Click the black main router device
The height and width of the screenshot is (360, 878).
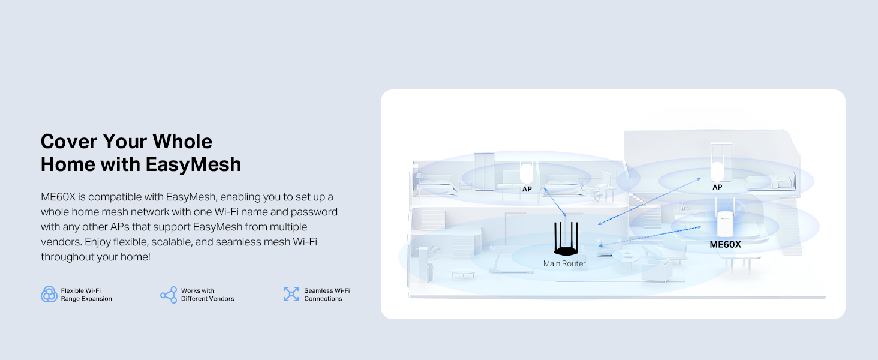pos(564,241)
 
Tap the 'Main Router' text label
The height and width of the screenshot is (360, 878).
pos(564,263)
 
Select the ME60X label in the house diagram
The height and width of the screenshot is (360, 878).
pos(725,245)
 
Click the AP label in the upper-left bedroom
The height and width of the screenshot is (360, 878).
pos(527,189)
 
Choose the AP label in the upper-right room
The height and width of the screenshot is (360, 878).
pos(717,187)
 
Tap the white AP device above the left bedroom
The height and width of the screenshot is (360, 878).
pos(527,173)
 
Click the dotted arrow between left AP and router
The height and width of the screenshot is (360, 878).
pos(555,202)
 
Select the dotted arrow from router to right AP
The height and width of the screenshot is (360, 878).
pos(650,202)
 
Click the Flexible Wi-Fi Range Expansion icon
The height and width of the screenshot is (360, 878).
pos(49,295)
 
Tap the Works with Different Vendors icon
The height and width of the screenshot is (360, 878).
pos(169,295)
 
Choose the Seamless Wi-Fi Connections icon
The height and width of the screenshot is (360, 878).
pos(291,294)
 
